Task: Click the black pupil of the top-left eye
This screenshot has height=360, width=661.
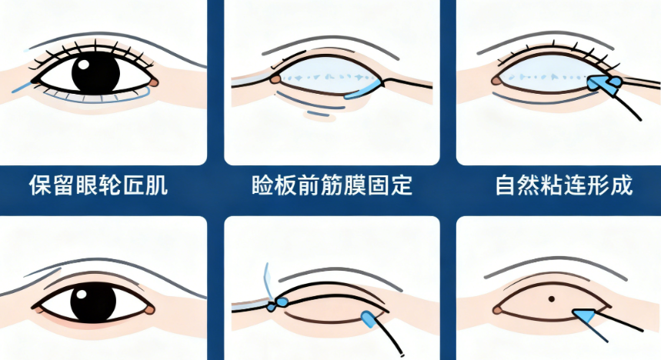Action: [96, 73]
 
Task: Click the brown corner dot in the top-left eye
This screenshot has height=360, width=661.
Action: [153, 81]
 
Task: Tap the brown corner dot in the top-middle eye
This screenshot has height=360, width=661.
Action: [275, 78]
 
